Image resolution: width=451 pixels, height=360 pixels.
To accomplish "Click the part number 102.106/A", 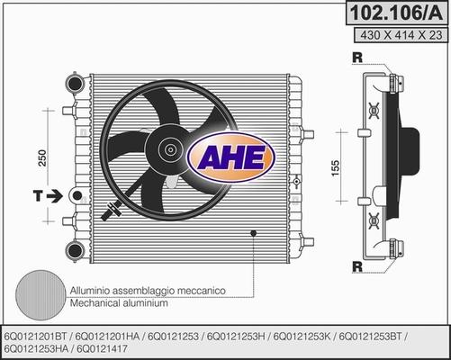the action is (396, 13).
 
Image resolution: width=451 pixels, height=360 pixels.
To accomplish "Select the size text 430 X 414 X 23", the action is (401, 35).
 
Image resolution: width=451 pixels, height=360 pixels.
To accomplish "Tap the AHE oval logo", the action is (230, 157).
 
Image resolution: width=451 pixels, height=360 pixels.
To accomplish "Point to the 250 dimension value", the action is (42, 157).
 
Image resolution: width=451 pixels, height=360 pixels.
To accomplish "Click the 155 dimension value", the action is (336, 168).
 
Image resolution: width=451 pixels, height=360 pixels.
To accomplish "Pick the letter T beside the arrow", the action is (38, 195).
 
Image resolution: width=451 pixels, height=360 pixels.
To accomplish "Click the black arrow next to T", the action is (54, 196).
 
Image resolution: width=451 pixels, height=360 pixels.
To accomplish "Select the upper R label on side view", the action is (357, 58).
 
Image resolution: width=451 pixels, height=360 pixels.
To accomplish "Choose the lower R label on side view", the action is (357, 266).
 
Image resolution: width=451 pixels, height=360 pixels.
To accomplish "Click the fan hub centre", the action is (170, 149).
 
